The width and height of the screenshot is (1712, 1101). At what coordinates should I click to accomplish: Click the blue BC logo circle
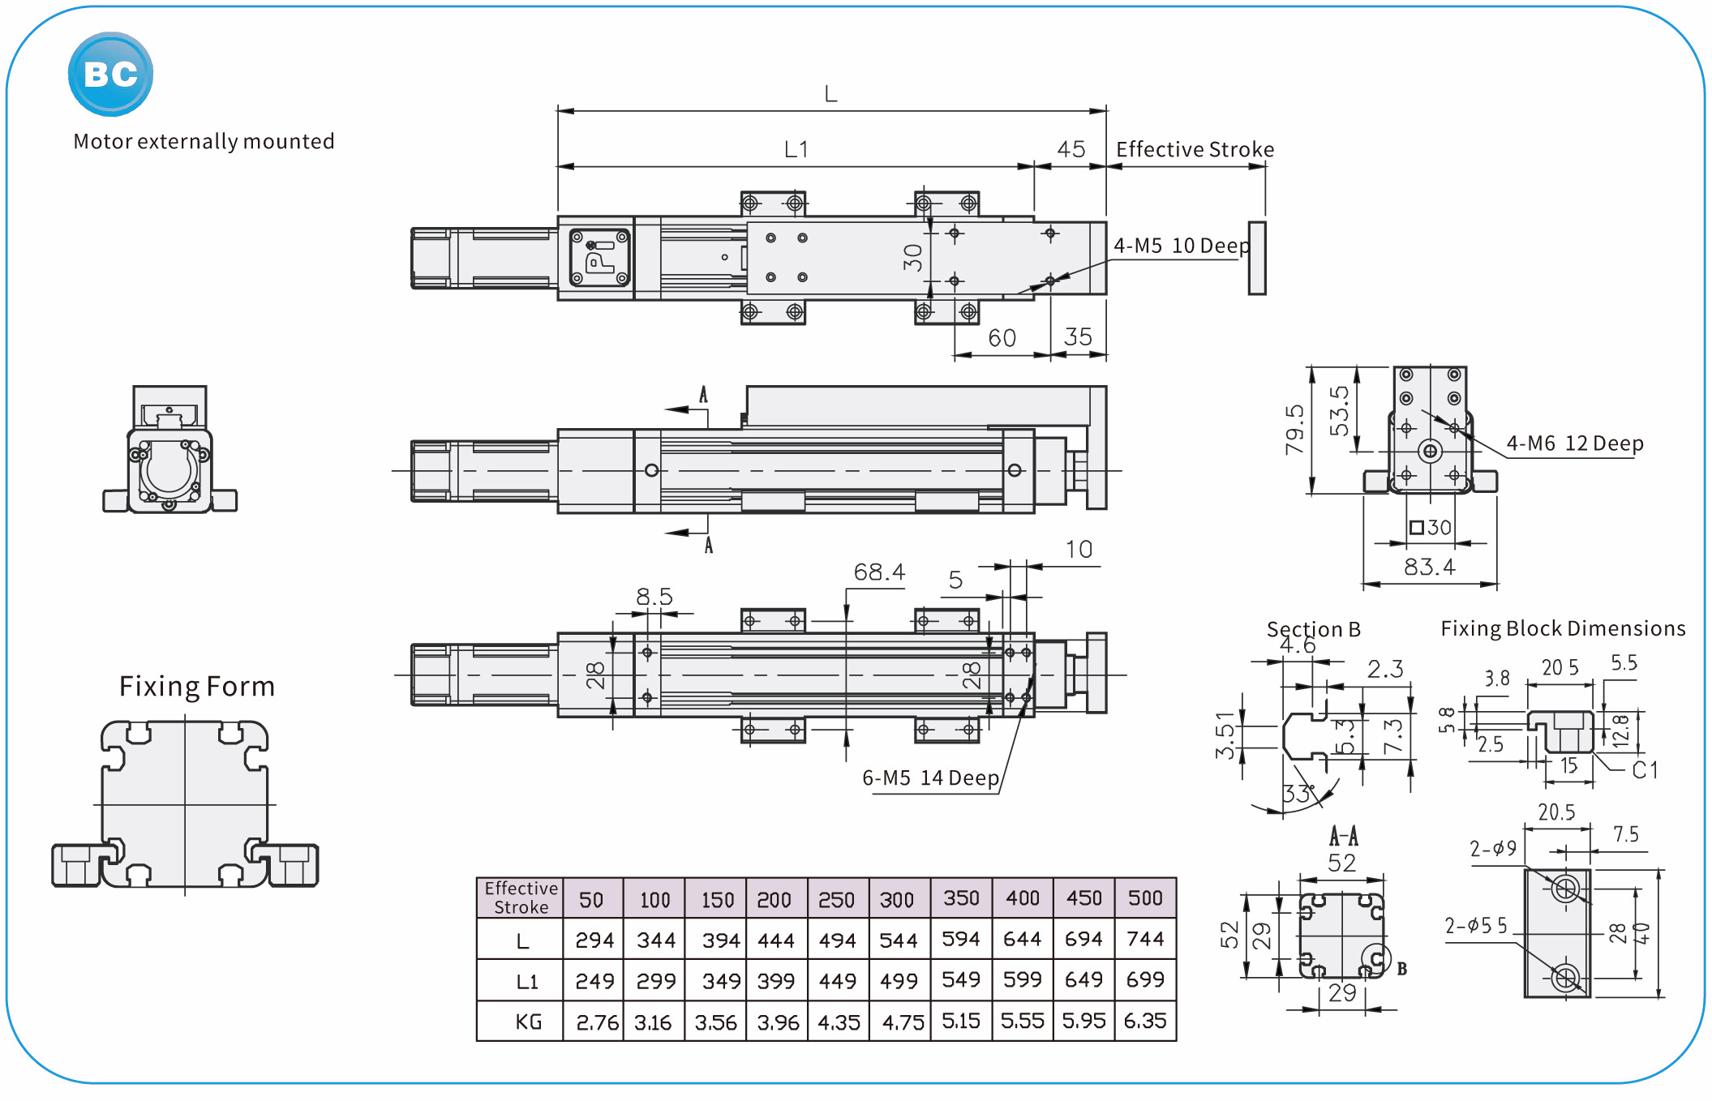pyautogui.click(x=110, y=74)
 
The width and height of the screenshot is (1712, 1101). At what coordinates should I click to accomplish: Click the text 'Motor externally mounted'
pyautogui.click(x=204, y=142)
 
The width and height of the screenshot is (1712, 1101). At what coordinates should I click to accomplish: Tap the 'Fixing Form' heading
pyautogui.click(x=197, y=687)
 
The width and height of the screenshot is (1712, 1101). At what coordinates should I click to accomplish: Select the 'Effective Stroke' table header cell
pyautogui.click(x=521, y=898)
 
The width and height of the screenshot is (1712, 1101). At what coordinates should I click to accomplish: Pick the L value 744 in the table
pyautogui.click(x=1145, y=939)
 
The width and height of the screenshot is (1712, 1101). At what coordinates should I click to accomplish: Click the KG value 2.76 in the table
pyautogui.click(x=597, y=1022)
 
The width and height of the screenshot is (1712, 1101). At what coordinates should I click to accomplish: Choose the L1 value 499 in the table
pyautogui.click(x=899, y=981)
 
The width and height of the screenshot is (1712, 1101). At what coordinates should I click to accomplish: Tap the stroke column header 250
pyautogui.click(x=836, y=900)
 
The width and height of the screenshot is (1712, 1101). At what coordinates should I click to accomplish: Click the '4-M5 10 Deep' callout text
pyautogui.click(x=1181, y=246)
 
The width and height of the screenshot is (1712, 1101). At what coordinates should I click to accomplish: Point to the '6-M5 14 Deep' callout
pyautogui.click(x=930, y=778)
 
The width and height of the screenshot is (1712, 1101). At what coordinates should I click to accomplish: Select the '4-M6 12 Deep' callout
pyautogui.click(x=1574, y=443)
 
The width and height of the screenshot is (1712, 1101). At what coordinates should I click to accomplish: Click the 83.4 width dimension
pyautogui.click(x=1429, y=567)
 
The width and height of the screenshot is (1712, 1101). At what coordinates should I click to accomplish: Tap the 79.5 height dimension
pyautogui.click(x=1294, y=430)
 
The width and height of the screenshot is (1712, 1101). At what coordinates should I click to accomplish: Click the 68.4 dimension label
pyautogui.click(x=879, y=572)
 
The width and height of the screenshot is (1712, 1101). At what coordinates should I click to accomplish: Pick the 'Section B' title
pyautogui.click(x=1313, y=629)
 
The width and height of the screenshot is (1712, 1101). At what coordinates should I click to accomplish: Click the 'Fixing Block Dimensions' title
pyautogui.click(x=1563, y=628)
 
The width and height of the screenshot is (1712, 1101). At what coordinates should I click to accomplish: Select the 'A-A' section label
pyautogui.click(x=1343, y=836)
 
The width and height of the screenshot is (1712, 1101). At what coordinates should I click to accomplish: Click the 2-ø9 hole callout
pyautogui.click(x=1493, y=849)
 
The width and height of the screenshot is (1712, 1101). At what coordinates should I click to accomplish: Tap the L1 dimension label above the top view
pyautogui.click(x=796, y=150)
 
